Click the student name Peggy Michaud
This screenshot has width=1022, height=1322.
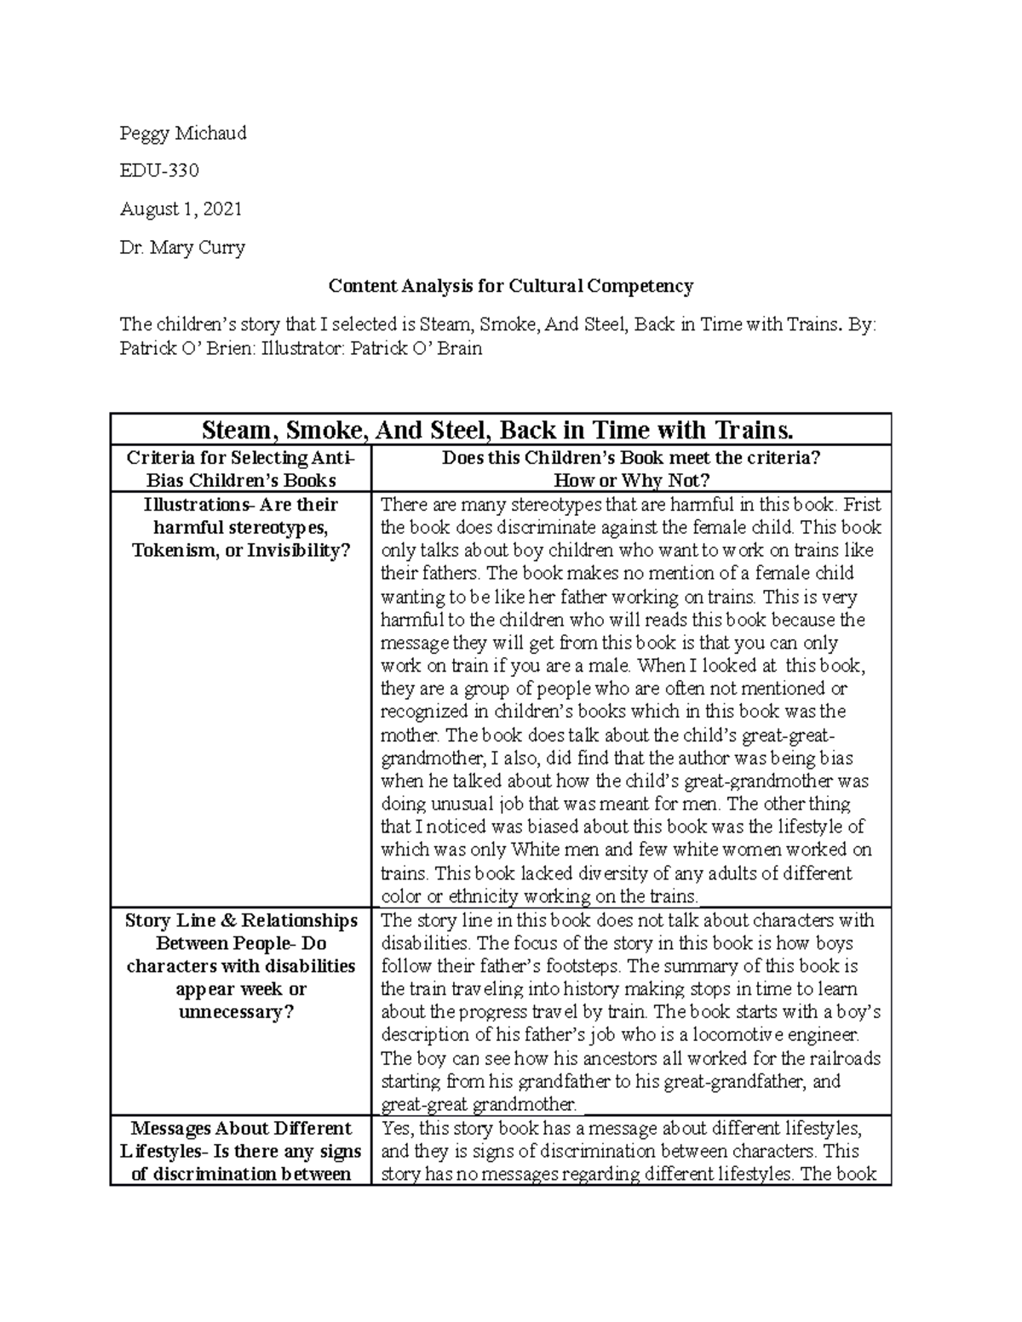click(183, 133)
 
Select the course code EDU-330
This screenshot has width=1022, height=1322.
click(159, 170)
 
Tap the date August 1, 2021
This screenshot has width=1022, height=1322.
click(181, 209)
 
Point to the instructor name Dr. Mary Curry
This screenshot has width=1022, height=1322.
click(182, 248)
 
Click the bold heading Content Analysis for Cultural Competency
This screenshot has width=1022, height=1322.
click(511, 286)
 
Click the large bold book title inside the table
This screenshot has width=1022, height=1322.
click(501, 429)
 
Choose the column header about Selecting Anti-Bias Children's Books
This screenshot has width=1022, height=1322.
click(241, 468)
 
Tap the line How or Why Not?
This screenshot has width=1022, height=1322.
click(631, 480)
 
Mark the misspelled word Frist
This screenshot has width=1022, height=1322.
click(860, 504)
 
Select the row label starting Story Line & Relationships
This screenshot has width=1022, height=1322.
click(241, 920)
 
